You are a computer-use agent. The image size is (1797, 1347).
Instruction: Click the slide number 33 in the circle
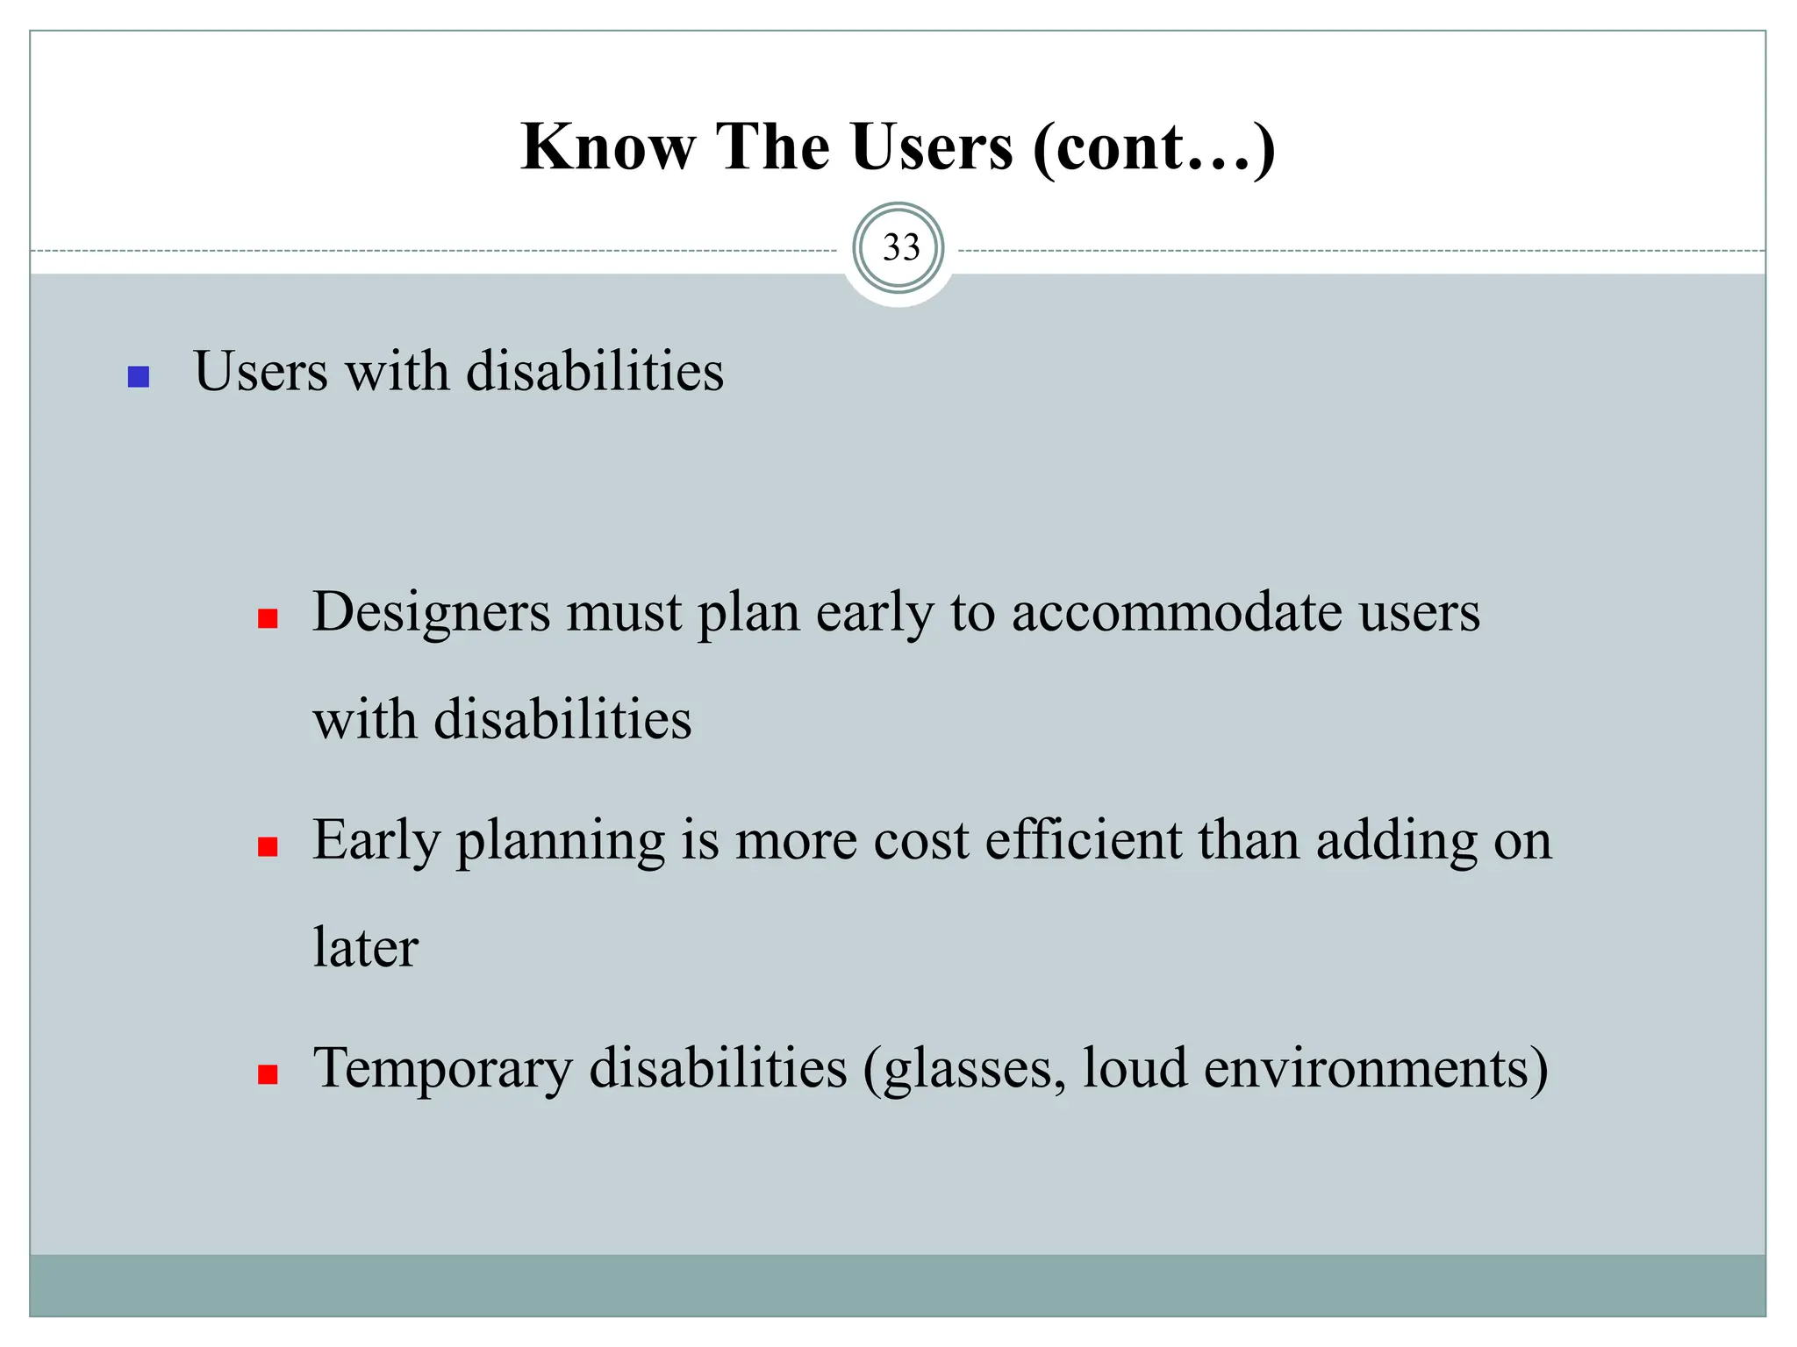pos(899,248)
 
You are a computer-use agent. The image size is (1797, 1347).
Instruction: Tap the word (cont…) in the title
pos(1154,146)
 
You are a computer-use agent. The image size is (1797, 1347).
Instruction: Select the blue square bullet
pos(139,377)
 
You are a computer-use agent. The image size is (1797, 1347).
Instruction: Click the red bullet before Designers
pos(268,619)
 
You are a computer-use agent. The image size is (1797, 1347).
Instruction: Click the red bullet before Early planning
pos(268,846)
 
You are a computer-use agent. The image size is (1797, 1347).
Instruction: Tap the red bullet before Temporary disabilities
pos(268,1074)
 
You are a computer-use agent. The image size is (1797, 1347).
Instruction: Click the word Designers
pos(431,611)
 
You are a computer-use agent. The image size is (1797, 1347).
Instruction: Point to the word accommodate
pos(1177,611)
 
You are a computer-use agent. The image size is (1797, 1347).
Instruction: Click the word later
pos(365,948)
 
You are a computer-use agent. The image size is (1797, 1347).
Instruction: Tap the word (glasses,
pos(964,1068)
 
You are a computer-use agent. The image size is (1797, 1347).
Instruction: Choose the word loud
pos(1135,1068)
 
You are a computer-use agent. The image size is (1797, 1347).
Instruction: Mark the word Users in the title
pos(931,146)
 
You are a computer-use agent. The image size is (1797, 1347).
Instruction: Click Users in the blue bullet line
pos(261,371)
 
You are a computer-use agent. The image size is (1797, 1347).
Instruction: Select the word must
pos(623,611)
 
